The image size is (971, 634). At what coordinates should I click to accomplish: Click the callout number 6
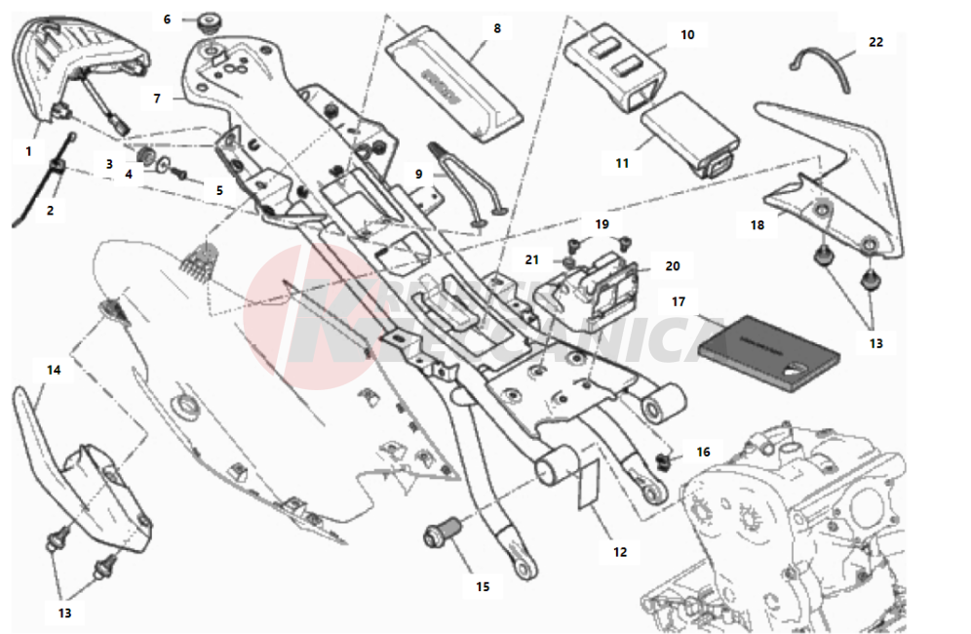click(x=167, y=19)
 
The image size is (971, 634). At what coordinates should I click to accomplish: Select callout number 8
click(x=497, y=29)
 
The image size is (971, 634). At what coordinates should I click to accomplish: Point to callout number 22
click(x=875, y=42)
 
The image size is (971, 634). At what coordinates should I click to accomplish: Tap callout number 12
click(x=620, y=552)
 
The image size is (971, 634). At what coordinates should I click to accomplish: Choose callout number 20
click(x=673, y=265)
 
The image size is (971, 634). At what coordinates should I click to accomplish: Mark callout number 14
click(x=53, y=370)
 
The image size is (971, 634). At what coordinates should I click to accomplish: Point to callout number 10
click(x=687, y=34)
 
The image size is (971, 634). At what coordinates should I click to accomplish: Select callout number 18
click(x=757, y=225)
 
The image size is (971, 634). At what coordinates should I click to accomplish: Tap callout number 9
click(x=418, y=174)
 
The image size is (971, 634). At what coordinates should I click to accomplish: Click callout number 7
click(x=155, y=99)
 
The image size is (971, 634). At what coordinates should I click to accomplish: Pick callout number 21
click(x=531, y=259)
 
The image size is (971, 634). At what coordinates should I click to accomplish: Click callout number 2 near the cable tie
click(x=51, y=210)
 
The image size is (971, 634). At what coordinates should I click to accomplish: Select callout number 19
click(x=602, y=223)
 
